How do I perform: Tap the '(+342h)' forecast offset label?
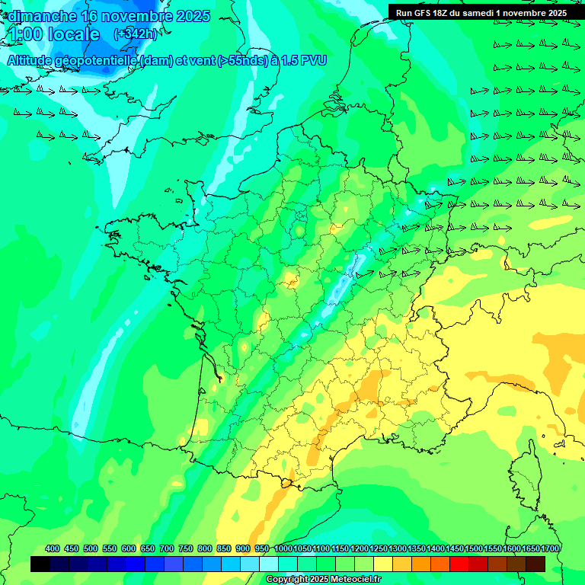click(136, 34)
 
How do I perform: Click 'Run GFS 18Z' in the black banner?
click(424, 13)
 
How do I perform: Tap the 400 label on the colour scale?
click(53, 548)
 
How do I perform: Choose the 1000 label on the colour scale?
click(283, 548)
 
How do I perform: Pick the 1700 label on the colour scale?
click(549, 548)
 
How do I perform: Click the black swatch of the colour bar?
click(40, 564)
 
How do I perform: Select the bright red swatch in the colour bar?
click(459, 564)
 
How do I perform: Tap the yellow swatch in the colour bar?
click(383, 564)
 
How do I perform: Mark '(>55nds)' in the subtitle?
click(243, 60)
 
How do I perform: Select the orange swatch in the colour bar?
click(421, 564)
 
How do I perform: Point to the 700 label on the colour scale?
click(167, 548)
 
